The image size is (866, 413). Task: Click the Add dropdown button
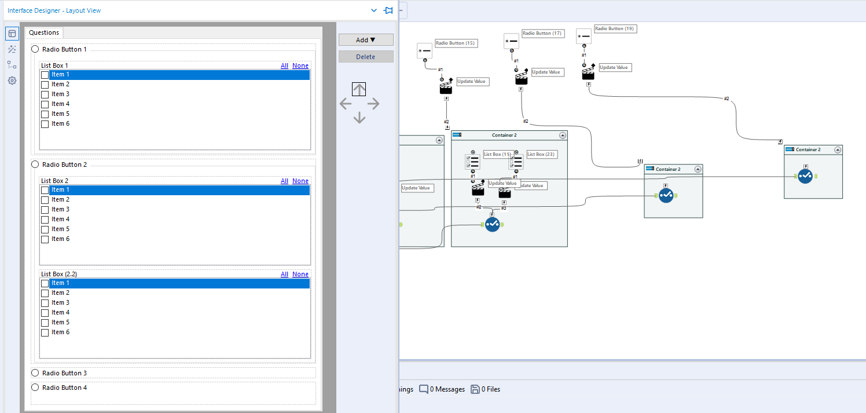pyautogui.click(x=365, y=40)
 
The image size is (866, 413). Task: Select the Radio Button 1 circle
pyautogui.click(x=35, y=49)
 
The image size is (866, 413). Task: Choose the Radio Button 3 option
pyautogui.click(x=35, y=373)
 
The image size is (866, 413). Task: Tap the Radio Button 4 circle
pyautogui.click(x=35, y=388)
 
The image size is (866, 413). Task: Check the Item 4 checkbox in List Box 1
pyautogui.click(x=45, y=104)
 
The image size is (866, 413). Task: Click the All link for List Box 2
pyautogui.click(x=284, y=181)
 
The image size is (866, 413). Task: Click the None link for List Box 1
pyautogui.click(x=300, y=65)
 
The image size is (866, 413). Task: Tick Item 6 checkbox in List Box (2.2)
pyautogui.click(x=45, y=332)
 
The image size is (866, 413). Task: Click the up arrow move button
pyautogui.click(x=359, y=89)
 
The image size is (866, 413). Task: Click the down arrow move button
pyautogui.click(x=359, y=118)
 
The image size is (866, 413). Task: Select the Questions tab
pyautogui.click(x=44, y=33)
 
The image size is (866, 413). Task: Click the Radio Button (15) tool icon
pyautogui.click(x=424, y=51)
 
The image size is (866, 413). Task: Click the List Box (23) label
pyautogui.click(x=541, y=154)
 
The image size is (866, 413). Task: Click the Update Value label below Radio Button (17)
pyautogui.click(x=546, y=72)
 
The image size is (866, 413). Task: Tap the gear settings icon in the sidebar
pyautogui.click(x=12, y=81)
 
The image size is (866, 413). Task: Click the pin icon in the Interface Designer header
pyautogui.click(x=388, y=10)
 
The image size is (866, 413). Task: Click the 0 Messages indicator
pyautogui.click(x=442, y=389)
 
